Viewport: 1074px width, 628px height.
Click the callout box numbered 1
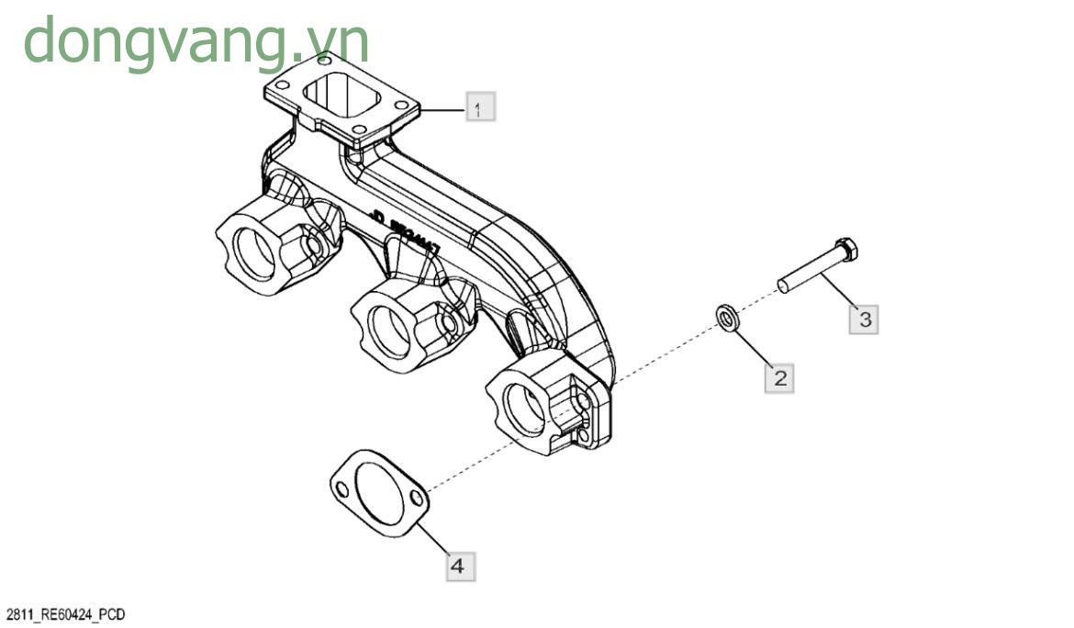tap(479, 107)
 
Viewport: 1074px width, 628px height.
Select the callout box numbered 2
tap(779, 377)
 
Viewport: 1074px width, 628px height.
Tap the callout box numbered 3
tap(863, 319)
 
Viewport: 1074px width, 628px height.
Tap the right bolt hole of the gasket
tap(417, 499)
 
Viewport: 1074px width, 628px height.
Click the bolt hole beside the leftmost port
tap(313, 248)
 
